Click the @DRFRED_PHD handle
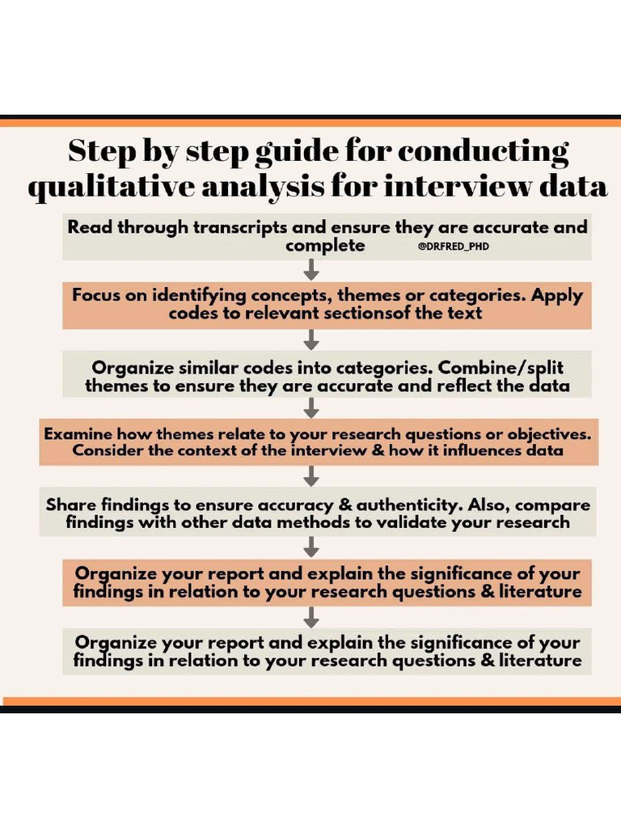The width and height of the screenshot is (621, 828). coord(453,247)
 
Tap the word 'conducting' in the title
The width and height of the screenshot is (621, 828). coord(484,151)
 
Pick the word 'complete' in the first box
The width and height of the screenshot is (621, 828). coord(325,246)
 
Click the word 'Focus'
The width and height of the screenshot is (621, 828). coord(97,295)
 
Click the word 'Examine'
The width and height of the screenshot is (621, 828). coord(78,433)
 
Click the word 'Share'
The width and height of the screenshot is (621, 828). coord(72,505)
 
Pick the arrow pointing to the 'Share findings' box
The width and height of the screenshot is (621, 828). coord(311,475)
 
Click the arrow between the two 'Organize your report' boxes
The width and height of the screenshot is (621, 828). coord(311,617)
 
